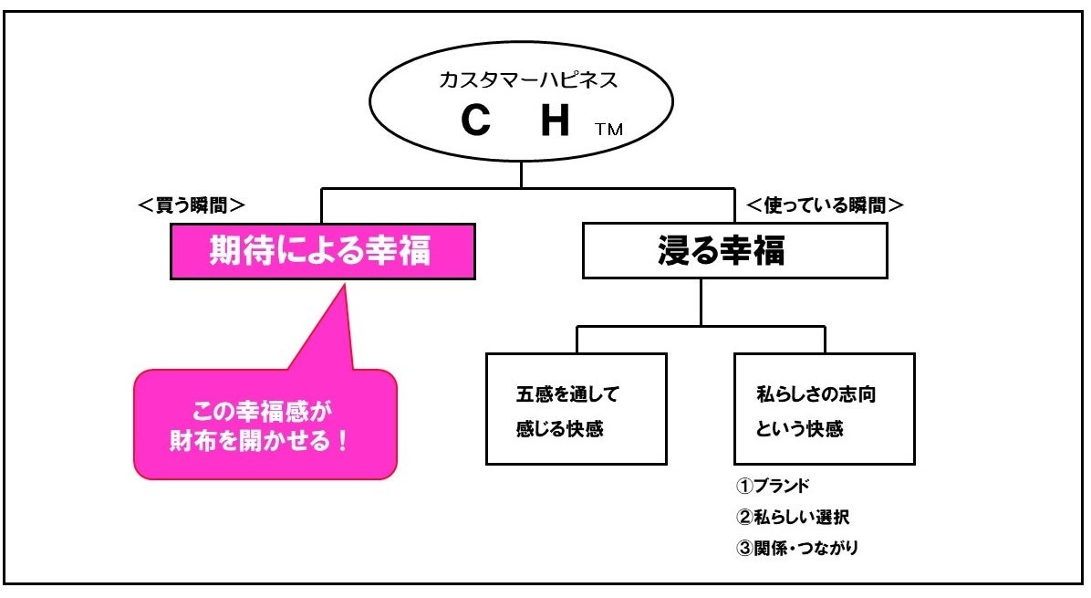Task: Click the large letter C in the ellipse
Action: coord(476,121)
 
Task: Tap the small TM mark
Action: coord(608,130)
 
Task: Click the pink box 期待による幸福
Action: coord(322,250)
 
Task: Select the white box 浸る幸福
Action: coord(734,250)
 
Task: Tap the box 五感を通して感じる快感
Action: coord(576,409)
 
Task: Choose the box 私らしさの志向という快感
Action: coord(824,409)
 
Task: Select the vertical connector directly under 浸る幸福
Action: coord(701,301)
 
